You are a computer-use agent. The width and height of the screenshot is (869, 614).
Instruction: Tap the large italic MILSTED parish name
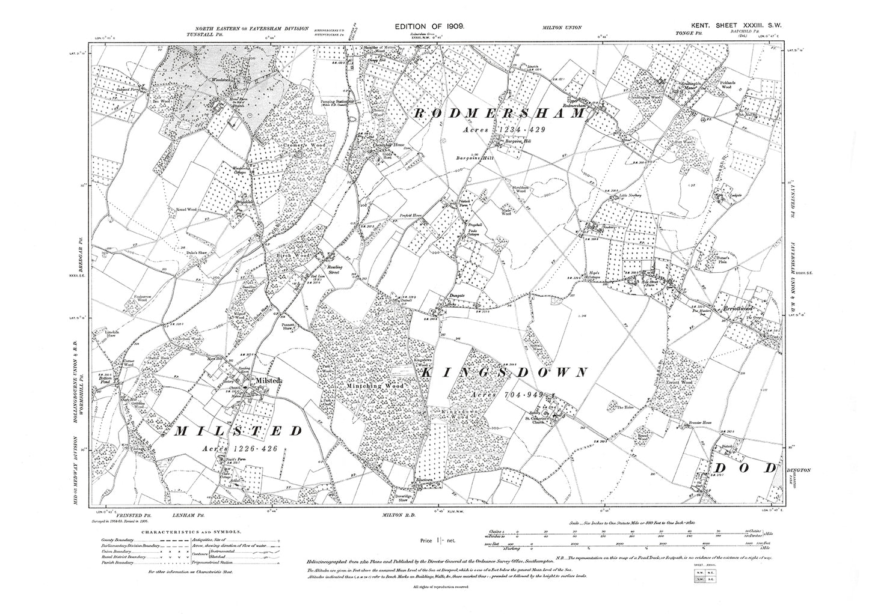pyautogui.click(x=239, y=431)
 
